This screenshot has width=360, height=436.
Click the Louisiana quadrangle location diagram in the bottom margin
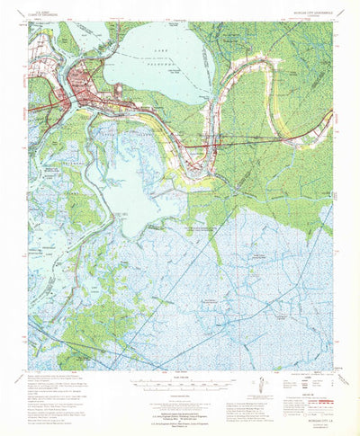[257, 387]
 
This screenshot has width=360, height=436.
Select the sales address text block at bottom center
[180, 404]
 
